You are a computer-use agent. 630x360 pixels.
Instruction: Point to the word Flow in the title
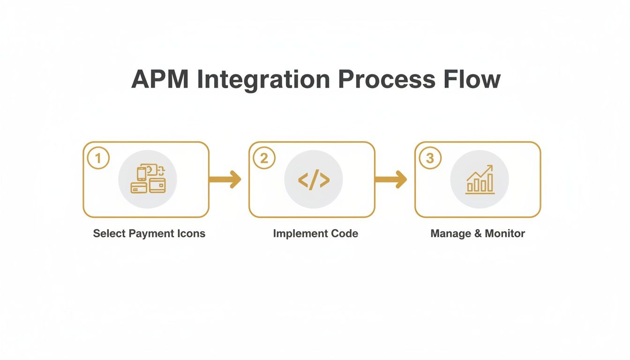473,80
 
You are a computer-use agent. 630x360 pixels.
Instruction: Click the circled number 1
98,158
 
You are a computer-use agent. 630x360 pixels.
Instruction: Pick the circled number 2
264,158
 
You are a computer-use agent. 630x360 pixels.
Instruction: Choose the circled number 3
430,158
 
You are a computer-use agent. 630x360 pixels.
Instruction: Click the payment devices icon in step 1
148,179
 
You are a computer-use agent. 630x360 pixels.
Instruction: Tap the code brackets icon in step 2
314,180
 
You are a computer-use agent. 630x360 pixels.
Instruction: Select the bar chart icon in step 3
479,180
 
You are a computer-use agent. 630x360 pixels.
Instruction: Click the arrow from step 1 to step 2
225,179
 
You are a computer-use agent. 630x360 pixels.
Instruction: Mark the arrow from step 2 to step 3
391,179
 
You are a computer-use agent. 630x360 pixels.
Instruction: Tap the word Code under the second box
344,233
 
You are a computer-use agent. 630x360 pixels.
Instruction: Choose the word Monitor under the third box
505,233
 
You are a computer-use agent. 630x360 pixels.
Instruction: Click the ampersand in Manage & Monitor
477,233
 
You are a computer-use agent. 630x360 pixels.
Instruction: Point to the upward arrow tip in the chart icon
491,166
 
